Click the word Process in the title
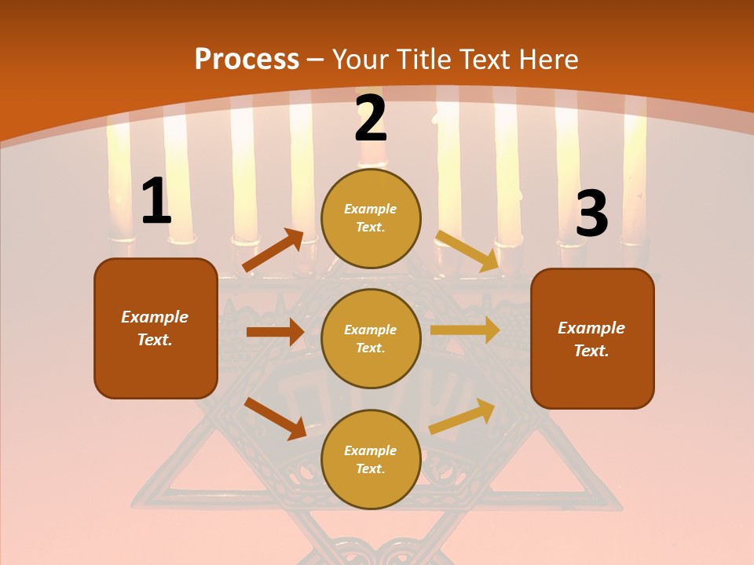tap(247, 60)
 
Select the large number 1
tap(156, 202)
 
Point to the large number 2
tap(371, 118)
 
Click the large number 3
tap(591, 213)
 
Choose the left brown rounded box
tap(156, 328)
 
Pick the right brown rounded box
tap(592, 338)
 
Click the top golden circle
tap(371, 218)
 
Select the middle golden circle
tap(371, 338)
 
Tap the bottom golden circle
tap(371, 459)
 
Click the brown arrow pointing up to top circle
tap(273, 250)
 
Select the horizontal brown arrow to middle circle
tap(275, 332)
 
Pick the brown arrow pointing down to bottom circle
tap(276, 418)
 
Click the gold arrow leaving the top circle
tap(467, 250)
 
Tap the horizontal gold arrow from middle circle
tap(464, 330)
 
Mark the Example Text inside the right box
tap(591, 339)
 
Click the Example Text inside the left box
tap(155, 328)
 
